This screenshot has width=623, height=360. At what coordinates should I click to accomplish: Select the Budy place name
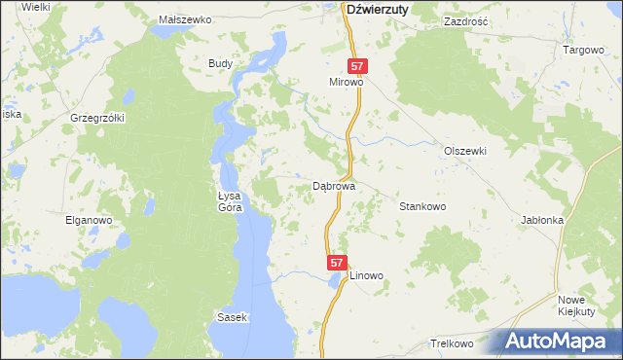point(220,63)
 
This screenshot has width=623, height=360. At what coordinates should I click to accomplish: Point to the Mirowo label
point(346,84)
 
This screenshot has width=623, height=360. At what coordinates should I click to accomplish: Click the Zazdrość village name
point(464,20)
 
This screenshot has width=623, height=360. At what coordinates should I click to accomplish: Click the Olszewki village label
point(464,152)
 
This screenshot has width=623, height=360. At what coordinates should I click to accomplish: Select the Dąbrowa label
point(333,185)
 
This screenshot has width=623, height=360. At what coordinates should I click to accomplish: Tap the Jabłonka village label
point(542,220)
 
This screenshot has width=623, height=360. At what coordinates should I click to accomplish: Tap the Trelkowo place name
point(451,344)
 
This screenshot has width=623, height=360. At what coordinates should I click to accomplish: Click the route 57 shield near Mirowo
point(358,66)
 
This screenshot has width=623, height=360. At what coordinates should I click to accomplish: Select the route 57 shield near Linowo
point(336,263)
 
